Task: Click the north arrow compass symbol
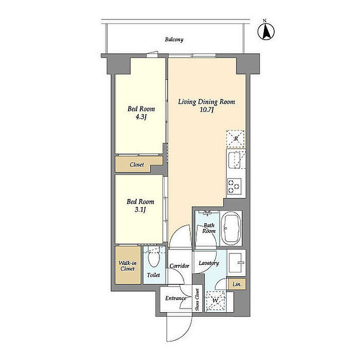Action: pyautogui.click(x=266, y=31)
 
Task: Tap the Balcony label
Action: pyautogui.click(x=174, y=40)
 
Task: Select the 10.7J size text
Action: pyautogui.click(x=207, y=110)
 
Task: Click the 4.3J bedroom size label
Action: pyautogui.click(x=141, y=117)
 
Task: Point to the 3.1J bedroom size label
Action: pyautogui.click(x=140, y=210)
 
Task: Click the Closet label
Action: pyautogui.click(x=137, y=165)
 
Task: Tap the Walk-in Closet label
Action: pyautogui.click(x=128, y=266)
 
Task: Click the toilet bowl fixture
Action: pyautogui.click(x=154, y=258)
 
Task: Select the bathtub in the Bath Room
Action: pyautogui.click(x=231, y=228)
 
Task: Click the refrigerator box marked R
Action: pyautogui.click(x=236, y=139)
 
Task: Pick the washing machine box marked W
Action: pyautogui.click(x=215, y=300)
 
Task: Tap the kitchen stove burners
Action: pyautogui.click(x=235, y=186)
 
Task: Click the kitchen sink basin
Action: pyautogui.click(x=234, y=159)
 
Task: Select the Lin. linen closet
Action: pyautogui.click(x=237, y=284)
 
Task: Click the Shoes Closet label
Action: pyautogui.click(x=197, y=299)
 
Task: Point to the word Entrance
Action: pyautogui.click(x=176, y=298)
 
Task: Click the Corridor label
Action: pyautogui.click(x=179, y=266)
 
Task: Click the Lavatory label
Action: pyautogui.click(x=209, y=263)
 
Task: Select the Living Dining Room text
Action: pyautogui.click(x=207, y=102)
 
